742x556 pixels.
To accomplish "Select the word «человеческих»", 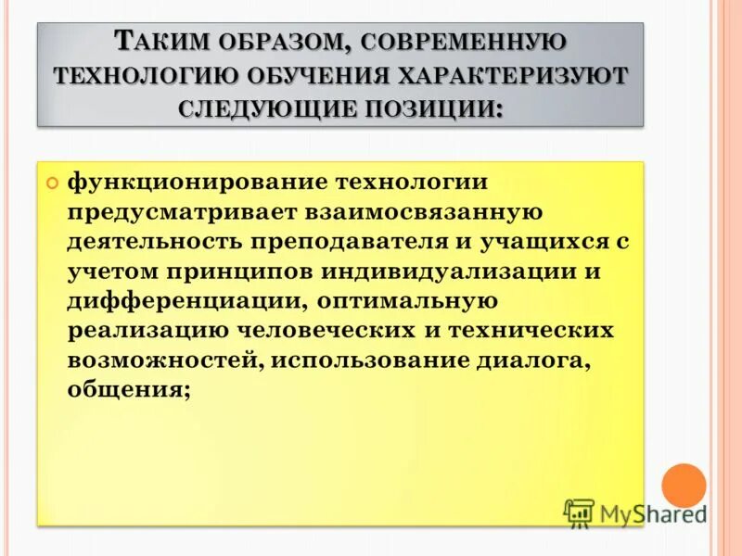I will [x=328, y=331].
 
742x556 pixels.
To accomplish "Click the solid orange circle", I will [x=684, y=486].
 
